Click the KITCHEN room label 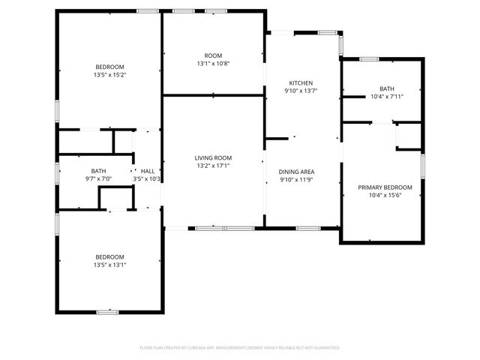point(301,82)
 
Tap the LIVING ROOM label point(213,157)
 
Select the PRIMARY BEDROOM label point(385,187)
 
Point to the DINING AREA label point(295,171)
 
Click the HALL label point(148,171)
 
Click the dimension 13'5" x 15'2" point(109,75)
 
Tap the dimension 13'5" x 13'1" point(109,264)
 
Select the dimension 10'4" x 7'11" point(386,96)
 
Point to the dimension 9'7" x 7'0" point(98,178)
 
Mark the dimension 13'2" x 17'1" point(213,166)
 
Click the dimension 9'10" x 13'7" point(301,91)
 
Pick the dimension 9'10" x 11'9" point(295,179)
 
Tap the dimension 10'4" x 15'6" point(385,195)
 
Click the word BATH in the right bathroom point(386,88)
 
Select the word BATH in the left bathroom point(98,170)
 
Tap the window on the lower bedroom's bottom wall point(107,311)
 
